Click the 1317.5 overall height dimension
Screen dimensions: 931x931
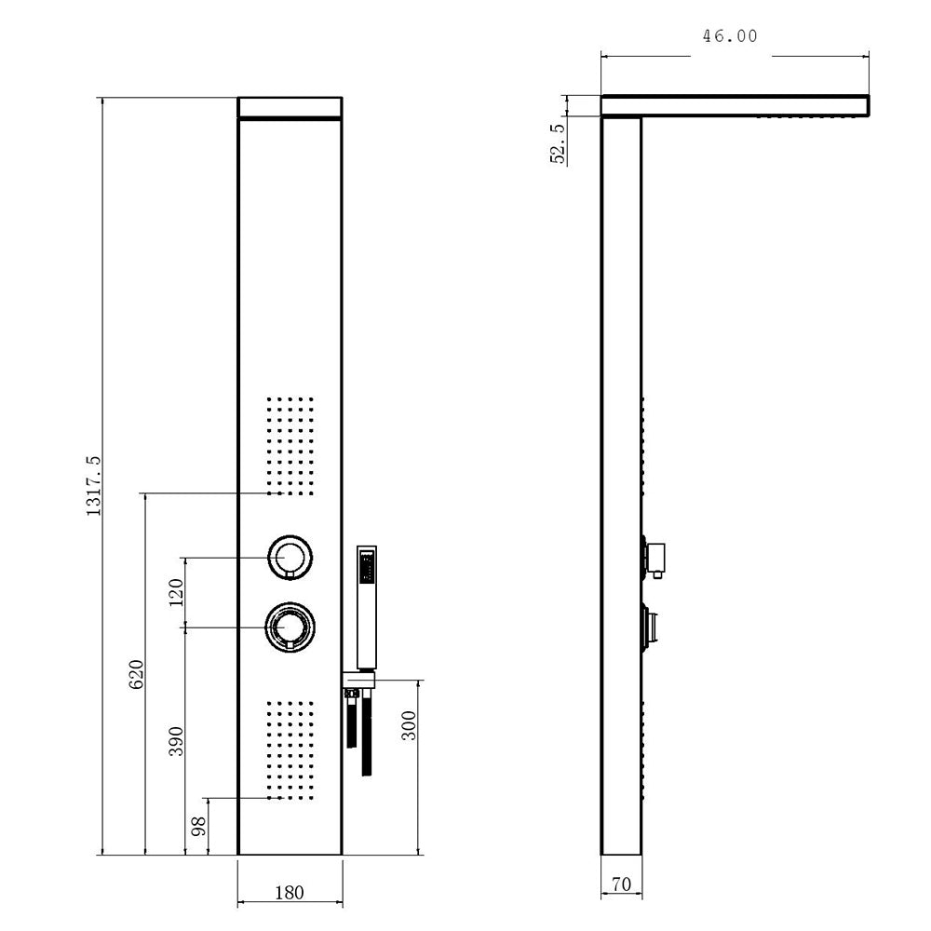[x=94, y=486]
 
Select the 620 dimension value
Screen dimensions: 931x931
[x=137, y=674]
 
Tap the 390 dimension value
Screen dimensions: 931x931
[x=176, y=740]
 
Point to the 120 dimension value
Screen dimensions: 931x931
[x=176, y=592]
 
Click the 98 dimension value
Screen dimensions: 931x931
[x=198, y=826]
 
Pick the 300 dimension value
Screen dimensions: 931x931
[x=409, y=725]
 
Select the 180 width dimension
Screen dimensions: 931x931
[x=290, y=893]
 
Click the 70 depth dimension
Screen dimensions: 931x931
[x=621, y=884]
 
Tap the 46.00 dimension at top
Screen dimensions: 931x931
[x=730, y=36]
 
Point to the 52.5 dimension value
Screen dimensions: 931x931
[x=558, y=143]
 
